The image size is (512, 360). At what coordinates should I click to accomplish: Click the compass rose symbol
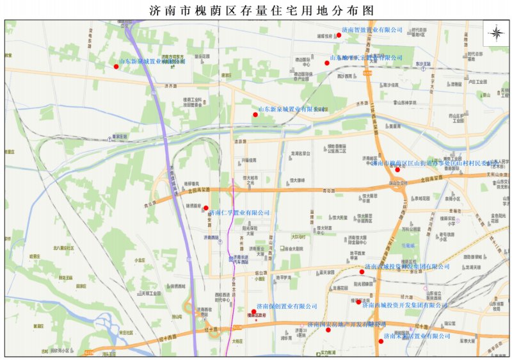(x=497, y=33)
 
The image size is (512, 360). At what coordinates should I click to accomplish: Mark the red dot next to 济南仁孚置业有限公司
(x=205, y=208)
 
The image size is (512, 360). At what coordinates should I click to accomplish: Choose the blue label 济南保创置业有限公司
(x=287, y=306)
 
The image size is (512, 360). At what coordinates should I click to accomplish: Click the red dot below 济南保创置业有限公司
(x=254, y=312)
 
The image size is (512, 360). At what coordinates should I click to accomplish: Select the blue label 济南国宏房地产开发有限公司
(x=346, y=325)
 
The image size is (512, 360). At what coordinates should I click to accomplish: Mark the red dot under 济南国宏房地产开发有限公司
(x=328, y=331)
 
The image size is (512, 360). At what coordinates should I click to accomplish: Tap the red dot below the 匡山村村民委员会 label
(x=398, y=169)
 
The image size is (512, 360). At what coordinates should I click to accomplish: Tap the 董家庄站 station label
(x=120, y=136)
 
